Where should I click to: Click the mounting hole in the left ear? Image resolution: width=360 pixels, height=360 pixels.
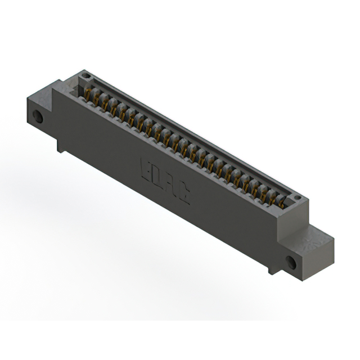tap(38, 117)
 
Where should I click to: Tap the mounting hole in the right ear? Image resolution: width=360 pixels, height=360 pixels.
tap(290, 262)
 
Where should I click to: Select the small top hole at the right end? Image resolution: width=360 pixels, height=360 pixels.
tap(297, 198)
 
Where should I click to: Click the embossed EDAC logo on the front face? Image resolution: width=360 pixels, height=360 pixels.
tap(164, 181)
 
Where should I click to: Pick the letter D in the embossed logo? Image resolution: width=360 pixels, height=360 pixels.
tap(157, 177)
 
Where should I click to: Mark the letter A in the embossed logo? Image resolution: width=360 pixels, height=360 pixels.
tap(170, 184)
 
